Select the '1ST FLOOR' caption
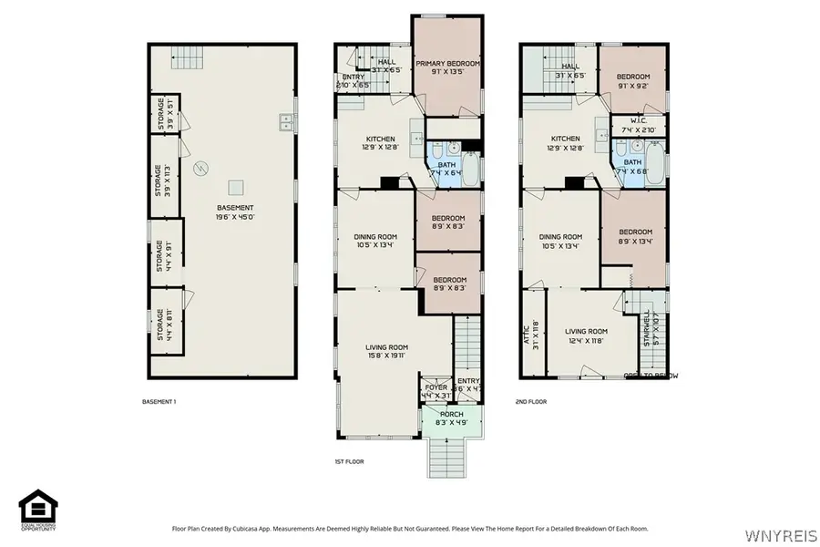click(349, 461)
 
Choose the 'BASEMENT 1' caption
click(159, 401)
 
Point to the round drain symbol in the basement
click(203, 168)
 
